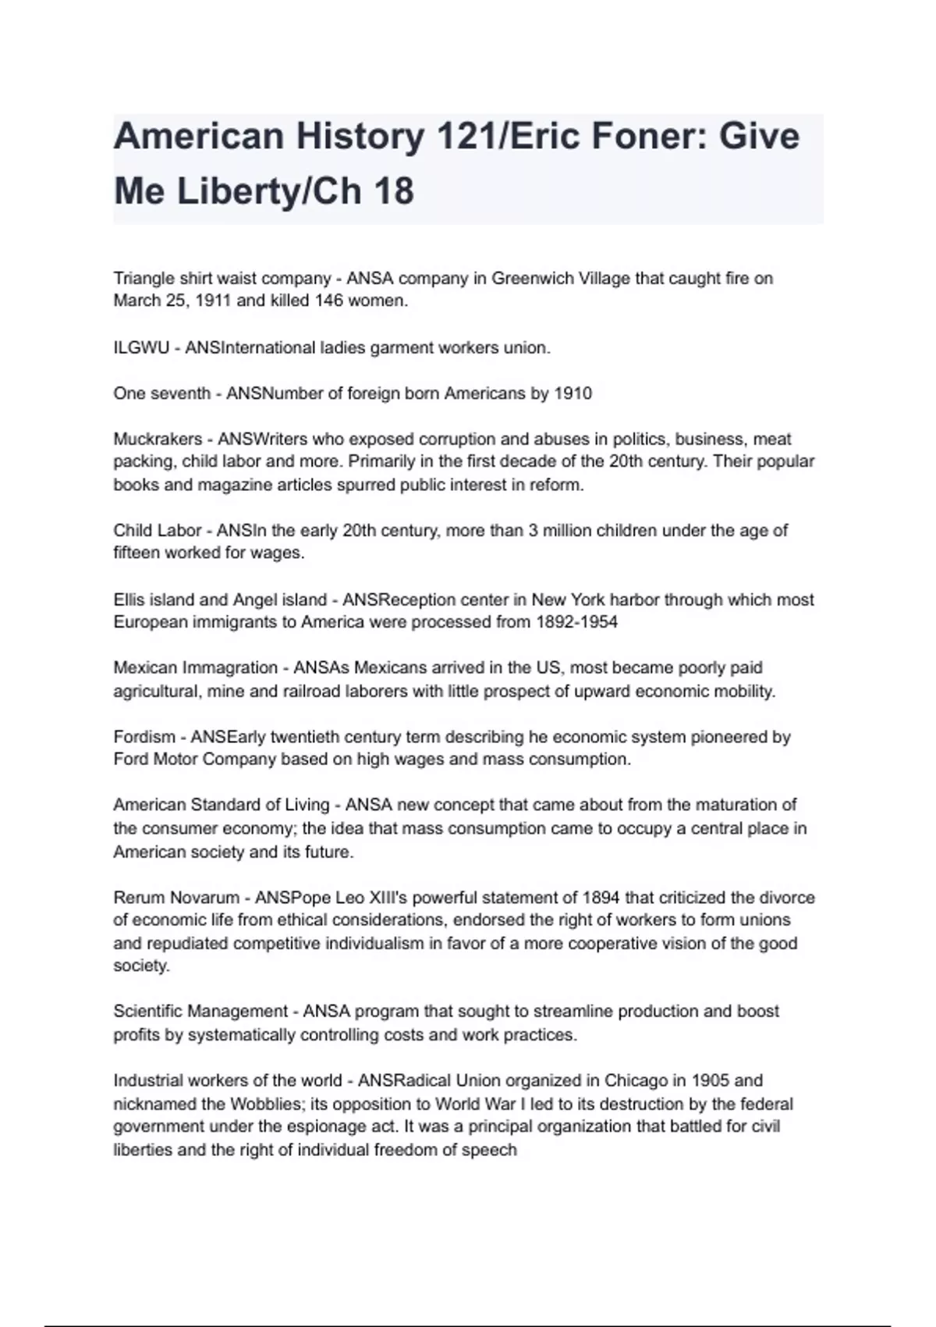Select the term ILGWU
[141, 348]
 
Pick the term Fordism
[144, 737]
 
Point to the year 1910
[573, 393]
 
